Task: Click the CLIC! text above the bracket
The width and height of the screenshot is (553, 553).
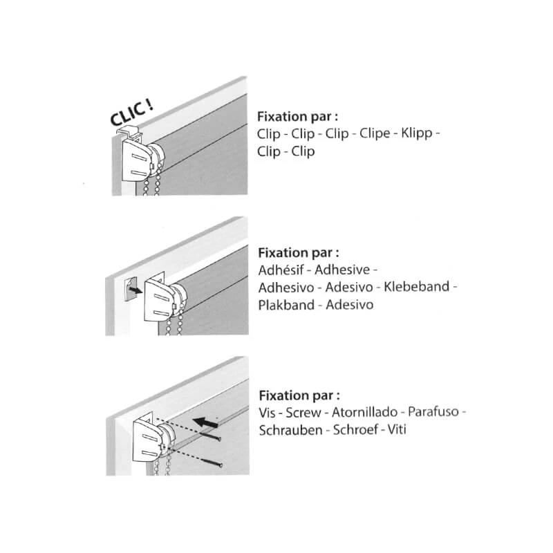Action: [131, 112]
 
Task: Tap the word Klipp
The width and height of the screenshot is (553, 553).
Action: [417, 134]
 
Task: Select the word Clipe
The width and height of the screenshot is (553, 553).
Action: [375, 134]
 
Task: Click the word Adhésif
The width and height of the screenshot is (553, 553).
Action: [281, 270]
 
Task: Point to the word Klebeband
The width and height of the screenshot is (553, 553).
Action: [417, 287]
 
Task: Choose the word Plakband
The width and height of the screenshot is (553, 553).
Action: [286, 305]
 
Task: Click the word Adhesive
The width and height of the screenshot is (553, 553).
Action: [342, 270]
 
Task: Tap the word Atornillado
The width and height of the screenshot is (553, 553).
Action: [365, 412]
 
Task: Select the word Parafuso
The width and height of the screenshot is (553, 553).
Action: [433, 412]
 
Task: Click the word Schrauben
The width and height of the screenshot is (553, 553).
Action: [291, 430]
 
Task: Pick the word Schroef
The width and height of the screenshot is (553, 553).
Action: [355, 430]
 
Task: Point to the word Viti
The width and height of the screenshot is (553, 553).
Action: [397, 430]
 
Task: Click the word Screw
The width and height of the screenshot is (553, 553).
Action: [303, 413]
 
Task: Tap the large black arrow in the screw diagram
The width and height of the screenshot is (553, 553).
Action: [205, 422]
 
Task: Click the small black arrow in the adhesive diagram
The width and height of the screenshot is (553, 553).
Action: [135, 290]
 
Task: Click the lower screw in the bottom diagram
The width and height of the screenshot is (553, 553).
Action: [212, 462]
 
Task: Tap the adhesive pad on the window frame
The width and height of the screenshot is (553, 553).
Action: [131, 289]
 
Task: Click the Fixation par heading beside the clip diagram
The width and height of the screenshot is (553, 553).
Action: [298, 116]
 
